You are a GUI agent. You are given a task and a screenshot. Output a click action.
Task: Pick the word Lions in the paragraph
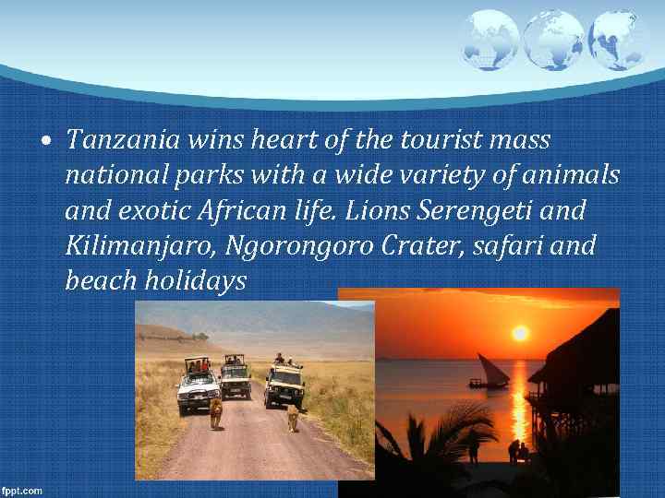(x=379, y=211)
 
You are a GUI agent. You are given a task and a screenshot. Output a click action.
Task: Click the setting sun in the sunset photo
(x=521, y=332)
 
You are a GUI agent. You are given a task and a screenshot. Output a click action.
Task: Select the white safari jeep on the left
(x=198, y=385)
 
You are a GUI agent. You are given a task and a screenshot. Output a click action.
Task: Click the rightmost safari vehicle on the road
(x=284, y=384)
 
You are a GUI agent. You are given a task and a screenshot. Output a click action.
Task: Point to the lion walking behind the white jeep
(x=216, y=413)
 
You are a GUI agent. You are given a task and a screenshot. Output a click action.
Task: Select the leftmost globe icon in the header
(x=490, y=38)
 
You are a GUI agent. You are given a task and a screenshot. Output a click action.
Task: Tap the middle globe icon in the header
(x=553, y=40)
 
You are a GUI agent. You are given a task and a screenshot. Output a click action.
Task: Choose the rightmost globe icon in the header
(x=616, y=40)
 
